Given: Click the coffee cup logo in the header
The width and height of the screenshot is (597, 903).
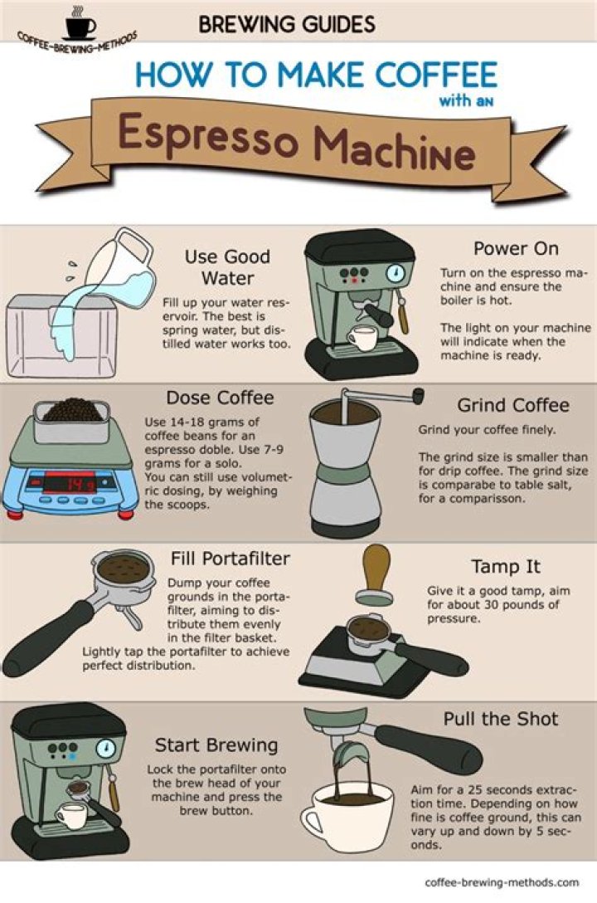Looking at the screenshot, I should [80, 26].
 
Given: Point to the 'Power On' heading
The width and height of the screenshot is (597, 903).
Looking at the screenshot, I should [516, 248].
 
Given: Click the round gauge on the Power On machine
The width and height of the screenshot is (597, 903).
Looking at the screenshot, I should [396, 273].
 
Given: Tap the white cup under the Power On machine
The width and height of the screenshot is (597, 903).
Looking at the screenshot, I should [362, 336].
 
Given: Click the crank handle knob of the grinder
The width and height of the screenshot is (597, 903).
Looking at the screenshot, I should [417, 395].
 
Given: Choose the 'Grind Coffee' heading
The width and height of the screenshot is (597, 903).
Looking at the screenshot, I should [513, 406].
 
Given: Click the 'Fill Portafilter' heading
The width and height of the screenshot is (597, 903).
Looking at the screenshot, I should [230, 559].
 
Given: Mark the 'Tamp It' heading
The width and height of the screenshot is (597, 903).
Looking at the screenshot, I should [506, 567].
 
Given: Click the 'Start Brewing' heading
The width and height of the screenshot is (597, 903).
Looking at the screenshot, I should [216, 744].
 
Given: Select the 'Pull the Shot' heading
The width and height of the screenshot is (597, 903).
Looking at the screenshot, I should [501, 719].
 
